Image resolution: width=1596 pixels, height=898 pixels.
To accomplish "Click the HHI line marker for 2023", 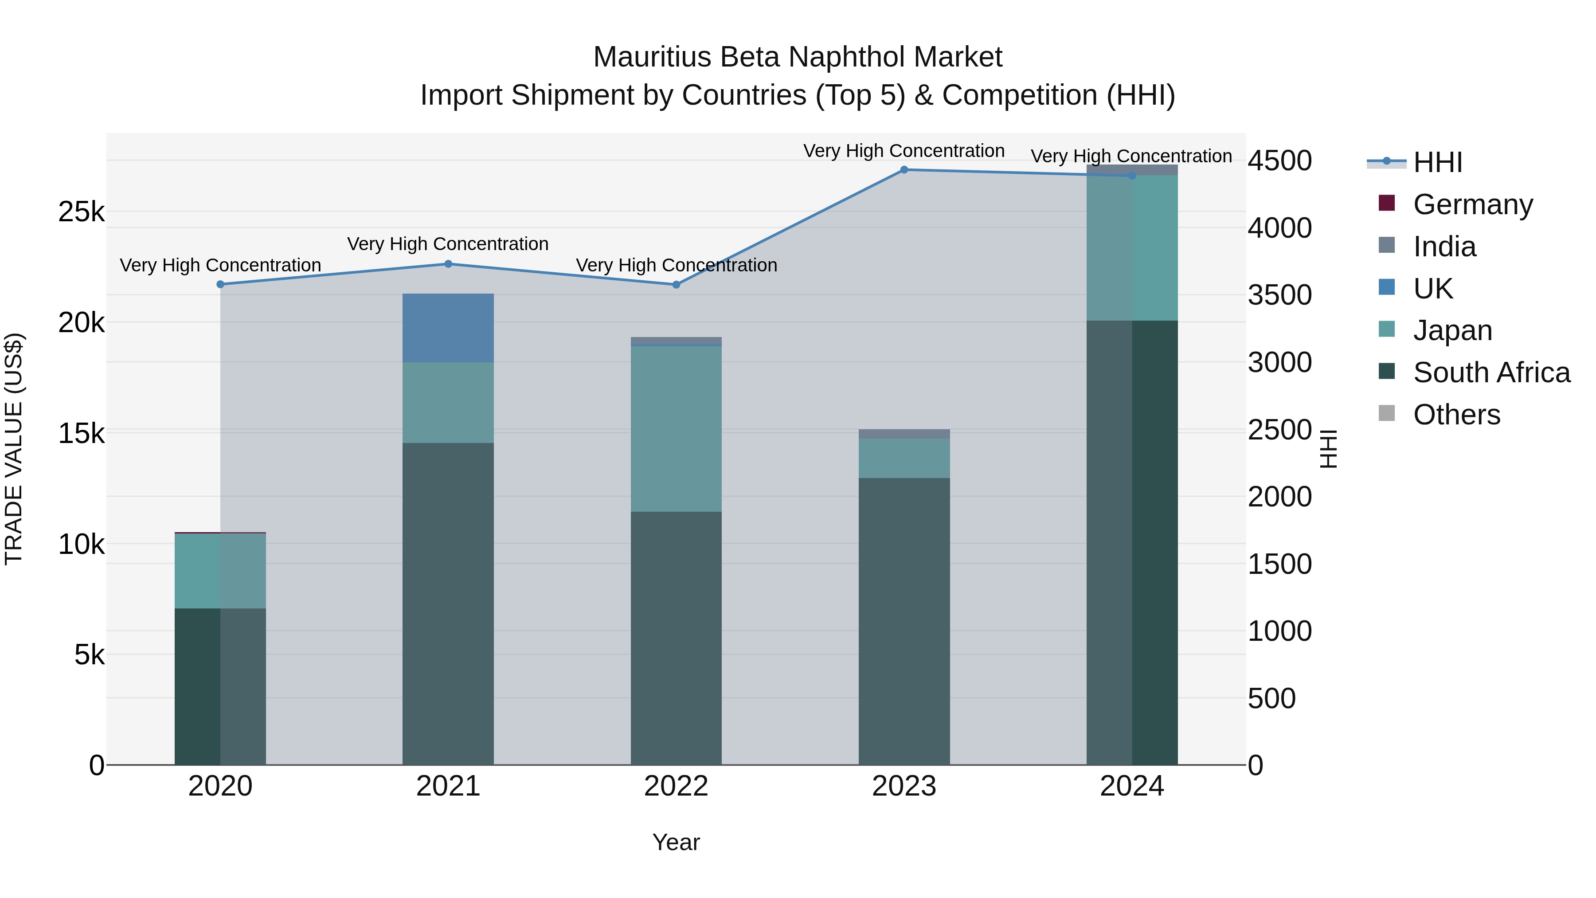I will tap(904, 170).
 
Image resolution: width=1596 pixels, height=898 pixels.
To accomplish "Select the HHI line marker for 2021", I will tap(448, 264).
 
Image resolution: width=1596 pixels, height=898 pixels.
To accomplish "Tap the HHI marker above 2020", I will tap(220, 284).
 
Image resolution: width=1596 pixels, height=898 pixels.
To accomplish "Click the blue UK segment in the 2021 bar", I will tap(448, 328).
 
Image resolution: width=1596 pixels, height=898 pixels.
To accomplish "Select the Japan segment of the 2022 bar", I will tap(676, 429).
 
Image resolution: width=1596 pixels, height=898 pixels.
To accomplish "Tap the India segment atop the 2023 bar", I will tap(904, 434).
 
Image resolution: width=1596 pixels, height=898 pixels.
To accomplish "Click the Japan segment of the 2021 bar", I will tap(448, 403).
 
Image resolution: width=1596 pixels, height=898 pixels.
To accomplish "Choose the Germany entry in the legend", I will tap(1472, 204).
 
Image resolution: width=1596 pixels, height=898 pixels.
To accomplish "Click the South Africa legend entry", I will tap(1490, 373).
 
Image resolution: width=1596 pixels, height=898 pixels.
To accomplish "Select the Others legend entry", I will tap(1456, 415).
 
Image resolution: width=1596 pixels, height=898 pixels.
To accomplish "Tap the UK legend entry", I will tap(1432, 289).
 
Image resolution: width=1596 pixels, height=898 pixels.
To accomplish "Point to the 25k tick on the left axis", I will tap(81, 212).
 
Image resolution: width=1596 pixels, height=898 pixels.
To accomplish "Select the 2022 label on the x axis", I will tap(676, 786).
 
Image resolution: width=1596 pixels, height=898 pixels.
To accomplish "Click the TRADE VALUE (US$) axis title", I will tap(14, 449).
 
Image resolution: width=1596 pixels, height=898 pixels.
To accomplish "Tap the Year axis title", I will tap(676, 842).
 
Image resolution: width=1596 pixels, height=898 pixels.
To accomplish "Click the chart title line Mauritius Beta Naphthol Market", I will tap(798, 57).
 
